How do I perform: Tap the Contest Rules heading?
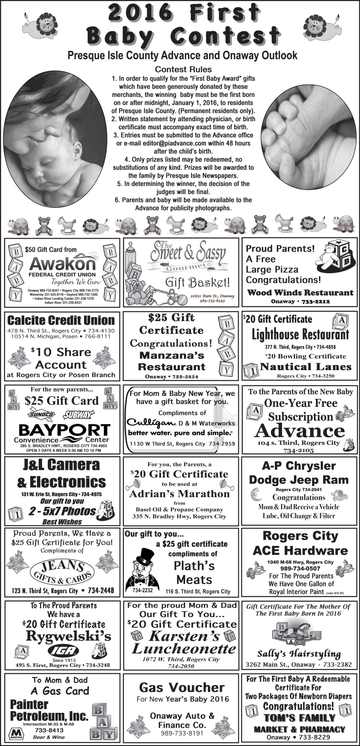tap(183, 69)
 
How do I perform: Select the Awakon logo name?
tap(62, 263)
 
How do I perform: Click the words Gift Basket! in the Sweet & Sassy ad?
tap(197, 282)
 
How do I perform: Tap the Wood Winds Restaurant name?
tap(300, 293)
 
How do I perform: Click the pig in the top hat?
tap(142, 570)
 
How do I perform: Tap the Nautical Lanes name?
tap(305, 367)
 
